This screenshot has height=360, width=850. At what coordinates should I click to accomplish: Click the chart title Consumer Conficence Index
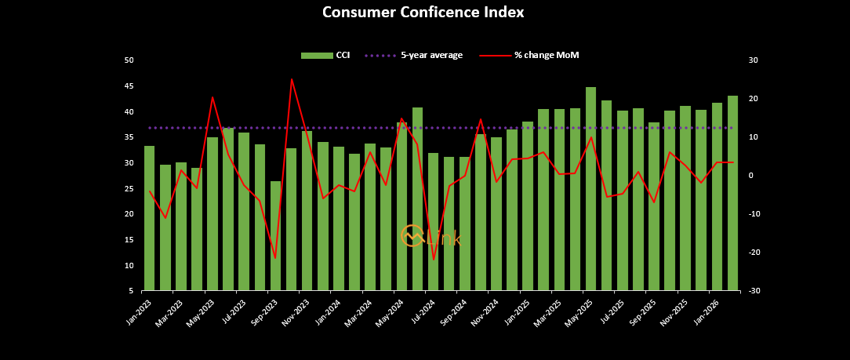[x=423, y=13]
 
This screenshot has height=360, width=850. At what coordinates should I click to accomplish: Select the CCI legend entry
[x=325, y=55]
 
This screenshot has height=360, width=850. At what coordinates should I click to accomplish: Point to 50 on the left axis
[x=129, y=60]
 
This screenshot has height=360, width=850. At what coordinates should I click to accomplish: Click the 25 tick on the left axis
[x=129, y=189]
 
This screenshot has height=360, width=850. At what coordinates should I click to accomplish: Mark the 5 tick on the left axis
[x=130, y=291]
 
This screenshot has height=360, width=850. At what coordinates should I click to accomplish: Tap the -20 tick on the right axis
[x=752, y=253]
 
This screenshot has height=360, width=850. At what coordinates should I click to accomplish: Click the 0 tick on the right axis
[x=752, y=176]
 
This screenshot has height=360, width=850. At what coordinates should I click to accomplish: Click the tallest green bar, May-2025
[x=590, y=188]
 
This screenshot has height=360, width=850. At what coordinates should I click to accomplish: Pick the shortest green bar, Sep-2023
[x=275, y=235]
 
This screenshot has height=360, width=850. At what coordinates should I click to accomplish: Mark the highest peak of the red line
[x=292, y=79]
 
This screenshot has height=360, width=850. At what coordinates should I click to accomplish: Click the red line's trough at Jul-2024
[x=434, y=259]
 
